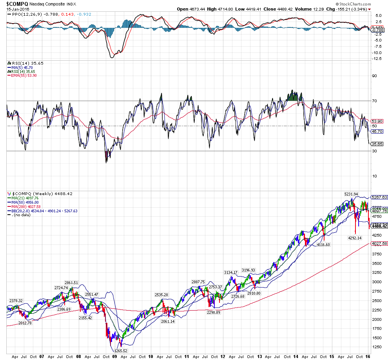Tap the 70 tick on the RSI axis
(x=374, y=101)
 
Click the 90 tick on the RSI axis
(x=374, y=76)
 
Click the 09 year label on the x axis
(x=114, y=357)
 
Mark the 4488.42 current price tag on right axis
(x=379, y=226)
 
